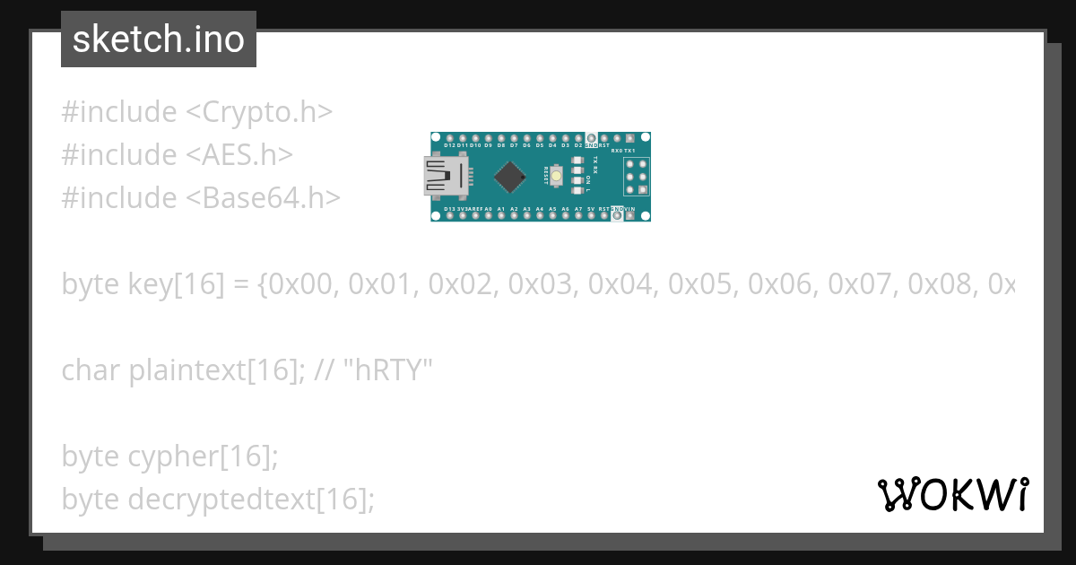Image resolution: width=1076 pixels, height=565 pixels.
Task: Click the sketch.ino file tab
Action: click(x=159, y=39)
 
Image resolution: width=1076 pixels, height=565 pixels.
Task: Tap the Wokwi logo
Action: click(x=953, y=494)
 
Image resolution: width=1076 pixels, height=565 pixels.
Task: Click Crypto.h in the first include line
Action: click(x=260, y=112)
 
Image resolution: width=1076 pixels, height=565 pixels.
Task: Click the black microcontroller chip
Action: click(x=509, y=177)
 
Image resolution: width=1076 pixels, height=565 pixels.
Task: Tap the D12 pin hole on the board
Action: click(x=449, y=137)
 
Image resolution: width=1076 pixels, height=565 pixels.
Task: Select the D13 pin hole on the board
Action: click(x=449, y=215)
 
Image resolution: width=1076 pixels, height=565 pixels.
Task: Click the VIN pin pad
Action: click(x=629, y=215)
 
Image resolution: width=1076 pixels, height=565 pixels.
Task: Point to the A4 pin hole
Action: click(x=540, y=215)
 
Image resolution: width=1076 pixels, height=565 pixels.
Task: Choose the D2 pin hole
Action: click(x=578, y=137)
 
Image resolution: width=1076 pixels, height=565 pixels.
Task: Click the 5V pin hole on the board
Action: click(x=591, y=215)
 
